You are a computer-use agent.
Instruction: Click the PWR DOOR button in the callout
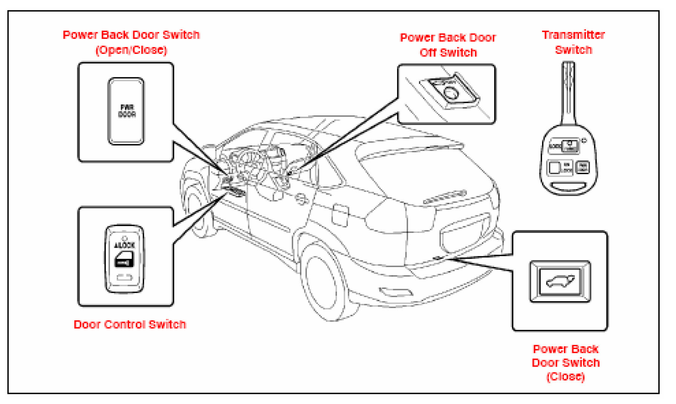126,111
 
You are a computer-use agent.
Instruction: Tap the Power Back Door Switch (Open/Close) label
131,42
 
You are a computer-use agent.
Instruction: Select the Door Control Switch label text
130,324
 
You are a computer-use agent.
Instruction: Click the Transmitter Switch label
573,42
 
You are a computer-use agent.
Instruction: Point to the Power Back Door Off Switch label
448,45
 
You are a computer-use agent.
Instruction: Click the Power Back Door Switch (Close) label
565,362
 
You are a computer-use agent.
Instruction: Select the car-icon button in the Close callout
560,282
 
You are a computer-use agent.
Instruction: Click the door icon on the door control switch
124,260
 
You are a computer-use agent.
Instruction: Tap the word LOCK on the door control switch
125,245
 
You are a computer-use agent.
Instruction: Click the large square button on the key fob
555,167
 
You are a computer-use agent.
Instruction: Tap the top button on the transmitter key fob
570,146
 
